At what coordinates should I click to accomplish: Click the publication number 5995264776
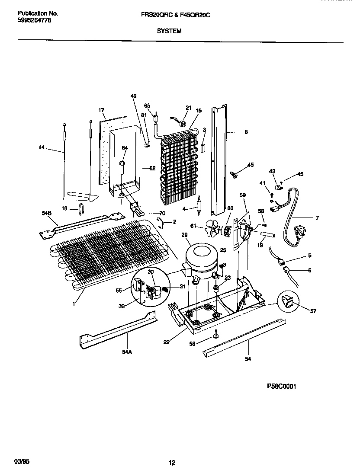(x=34, y=20)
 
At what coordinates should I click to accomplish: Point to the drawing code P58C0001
(x=282, y=387)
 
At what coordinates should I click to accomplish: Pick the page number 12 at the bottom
(x=172, y=463)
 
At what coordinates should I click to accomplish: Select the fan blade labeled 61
(x=213, y=227)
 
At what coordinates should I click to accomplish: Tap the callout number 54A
(x=126, y=352)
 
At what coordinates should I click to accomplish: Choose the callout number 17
(x=102, y=110)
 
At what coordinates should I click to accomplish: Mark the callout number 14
(x=42, y=148)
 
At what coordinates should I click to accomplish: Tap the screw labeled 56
(x=215, y=334)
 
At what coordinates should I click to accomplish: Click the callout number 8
(x=246, y=133)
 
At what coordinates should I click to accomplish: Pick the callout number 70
(x=162, y=213)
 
